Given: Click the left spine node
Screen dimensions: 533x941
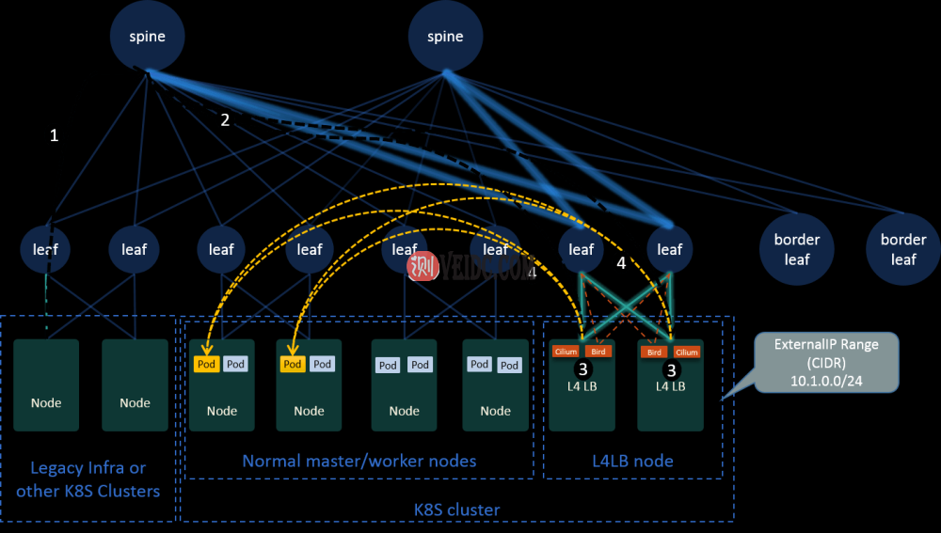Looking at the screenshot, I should (147, 37).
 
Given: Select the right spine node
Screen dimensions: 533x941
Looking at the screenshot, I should (445, 37).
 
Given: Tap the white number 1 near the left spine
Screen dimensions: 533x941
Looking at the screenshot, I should (54, 135).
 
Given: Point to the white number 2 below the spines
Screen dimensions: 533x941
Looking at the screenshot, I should (225, 119).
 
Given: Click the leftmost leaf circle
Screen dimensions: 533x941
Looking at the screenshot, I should (45, 249).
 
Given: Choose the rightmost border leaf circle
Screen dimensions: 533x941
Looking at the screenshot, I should (903, 249).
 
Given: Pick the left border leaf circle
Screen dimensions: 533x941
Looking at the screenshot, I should (797, 249).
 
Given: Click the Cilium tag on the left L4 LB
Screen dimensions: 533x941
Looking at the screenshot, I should (566, 352).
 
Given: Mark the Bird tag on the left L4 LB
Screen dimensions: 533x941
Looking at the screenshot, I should (598, 352).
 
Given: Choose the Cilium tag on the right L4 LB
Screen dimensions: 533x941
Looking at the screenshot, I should (687, 353).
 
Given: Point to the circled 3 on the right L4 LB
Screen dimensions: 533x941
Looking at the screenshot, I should (671, 370).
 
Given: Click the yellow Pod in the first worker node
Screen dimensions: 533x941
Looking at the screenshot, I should (207, 364).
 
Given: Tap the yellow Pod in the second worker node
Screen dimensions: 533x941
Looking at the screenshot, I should (293, 364).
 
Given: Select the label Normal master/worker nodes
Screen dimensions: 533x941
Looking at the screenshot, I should (359, 461).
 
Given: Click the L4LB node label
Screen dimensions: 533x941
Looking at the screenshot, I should (631, 461).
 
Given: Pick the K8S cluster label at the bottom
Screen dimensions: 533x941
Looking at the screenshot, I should (456, 509).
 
